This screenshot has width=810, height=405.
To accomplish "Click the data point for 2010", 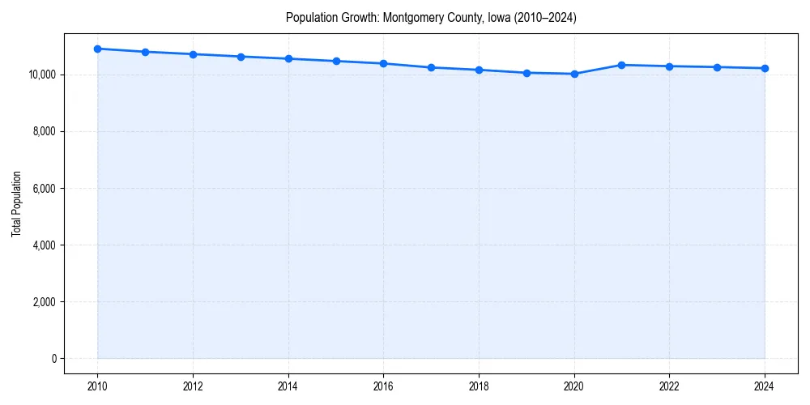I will [x=97, y=49].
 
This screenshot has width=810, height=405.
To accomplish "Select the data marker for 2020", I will [x=574, y=74].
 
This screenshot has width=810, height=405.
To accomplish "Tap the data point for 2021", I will [x=622, y=65].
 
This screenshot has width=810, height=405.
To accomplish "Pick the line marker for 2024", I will [x=765, y=68].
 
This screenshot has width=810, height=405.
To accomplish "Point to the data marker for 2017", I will [x=431, y=67].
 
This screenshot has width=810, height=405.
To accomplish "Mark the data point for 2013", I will [x=241, y=57].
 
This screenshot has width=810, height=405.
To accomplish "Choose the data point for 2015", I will [x=336, y=61].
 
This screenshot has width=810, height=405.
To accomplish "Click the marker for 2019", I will [x=526, y=73].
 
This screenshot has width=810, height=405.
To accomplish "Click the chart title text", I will [x=431, y=18].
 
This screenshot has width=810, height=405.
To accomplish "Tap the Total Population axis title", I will [x=16, y=203].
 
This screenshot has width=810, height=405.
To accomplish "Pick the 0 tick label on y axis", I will [x=53, y=359].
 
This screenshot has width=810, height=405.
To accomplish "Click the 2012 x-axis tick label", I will [x=193, y=386].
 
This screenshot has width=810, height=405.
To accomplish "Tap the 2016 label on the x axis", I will [x=383, y=386].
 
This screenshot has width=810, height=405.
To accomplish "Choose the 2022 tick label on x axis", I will [x=669, y=386].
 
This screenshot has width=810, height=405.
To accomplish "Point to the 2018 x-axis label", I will [x=479, y=386].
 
